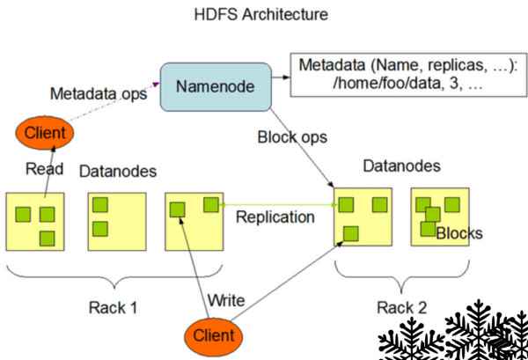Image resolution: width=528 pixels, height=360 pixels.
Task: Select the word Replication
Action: (275, 216)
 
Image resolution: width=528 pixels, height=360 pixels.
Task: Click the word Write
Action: (225, 301)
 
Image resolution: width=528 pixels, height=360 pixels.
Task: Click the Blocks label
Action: (458, 234)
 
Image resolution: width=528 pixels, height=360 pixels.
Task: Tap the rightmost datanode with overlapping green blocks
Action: (439, 217)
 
